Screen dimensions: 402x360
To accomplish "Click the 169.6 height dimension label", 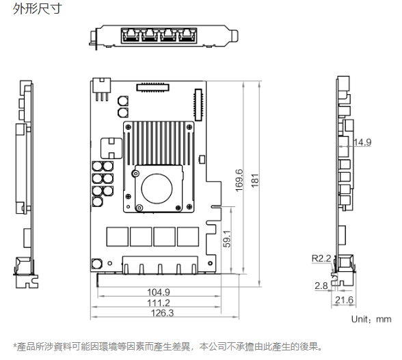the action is (239, 180).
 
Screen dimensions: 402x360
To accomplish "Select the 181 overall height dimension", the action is (255, 180).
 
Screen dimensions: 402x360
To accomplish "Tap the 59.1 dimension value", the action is (227, 239).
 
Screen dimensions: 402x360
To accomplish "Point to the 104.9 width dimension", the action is (159, 292).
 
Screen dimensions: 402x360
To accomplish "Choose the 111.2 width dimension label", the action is (159, 303).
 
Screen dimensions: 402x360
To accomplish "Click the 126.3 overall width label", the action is (162, 313).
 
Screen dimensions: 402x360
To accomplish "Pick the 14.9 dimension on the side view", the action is (362, 142).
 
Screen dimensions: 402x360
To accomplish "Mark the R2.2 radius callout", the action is (321, 258).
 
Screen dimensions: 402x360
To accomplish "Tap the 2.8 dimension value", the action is (321, 286).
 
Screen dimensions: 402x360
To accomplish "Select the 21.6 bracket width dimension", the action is (344, 300).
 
